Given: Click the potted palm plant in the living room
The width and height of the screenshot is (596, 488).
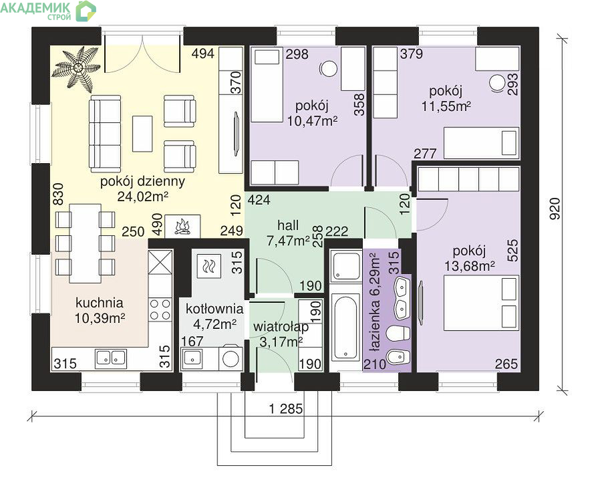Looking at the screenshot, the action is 78,68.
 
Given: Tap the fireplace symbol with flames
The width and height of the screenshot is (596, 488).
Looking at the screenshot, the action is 182,227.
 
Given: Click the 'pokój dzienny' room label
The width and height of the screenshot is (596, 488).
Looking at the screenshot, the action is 142,181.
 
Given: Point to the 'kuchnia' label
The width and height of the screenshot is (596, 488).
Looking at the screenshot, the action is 99,303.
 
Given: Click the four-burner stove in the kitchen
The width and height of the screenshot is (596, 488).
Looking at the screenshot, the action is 160,310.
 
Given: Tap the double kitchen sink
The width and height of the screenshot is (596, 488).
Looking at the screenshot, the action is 111,358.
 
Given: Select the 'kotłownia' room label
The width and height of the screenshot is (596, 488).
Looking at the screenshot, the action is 214,308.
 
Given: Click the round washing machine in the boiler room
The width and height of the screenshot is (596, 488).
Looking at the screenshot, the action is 231,358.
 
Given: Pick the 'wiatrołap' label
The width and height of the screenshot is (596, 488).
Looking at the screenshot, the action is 281,327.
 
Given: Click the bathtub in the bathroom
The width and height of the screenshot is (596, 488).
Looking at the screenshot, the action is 345,327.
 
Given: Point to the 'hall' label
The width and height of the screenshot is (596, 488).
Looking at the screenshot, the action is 288,225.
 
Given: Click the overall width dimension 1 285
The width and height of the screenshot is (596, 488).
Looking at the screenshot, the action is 286,409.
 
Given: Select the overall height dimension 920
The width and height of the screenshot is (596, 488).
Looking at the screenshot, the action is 555,209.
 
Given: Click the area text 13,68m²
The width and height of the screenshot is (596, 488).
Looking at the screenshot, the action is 470,266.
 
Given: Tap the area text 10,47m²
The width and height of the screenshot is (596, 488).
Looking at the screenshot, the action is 313,122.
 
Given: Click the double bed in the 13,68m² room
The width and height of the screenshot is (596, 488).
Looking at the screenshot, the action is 481,303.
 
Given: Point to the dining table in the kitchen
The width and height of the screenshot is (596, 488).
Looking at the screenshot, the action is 85,243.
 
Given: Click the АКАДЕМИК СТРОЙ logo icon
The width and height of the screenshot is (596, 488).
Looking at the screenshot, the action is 86,11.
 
